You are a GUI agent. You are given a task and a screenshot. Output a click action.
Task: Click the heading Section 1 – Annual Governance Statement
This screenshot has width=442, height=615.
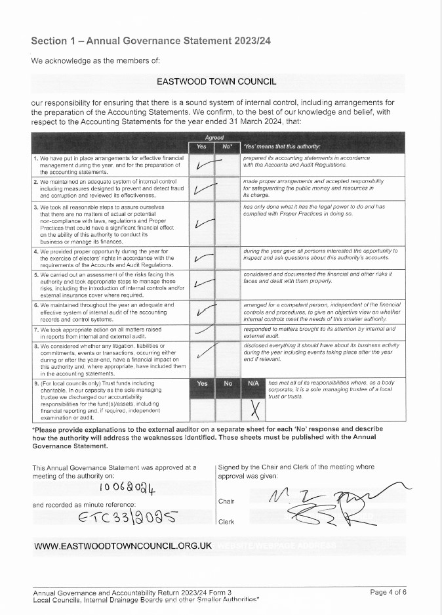(151, 41)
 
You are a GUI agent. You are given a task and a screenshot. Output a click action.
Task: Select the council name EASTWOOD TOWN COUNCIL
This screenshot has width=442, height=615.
(216, 82)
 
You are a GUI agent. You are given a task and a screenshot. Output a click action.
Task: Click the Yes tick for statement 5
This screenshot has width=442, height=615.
(205, 284)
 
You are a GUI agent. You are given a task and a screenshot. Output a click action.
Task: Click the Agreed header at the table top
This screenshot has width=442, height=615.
(214, 138)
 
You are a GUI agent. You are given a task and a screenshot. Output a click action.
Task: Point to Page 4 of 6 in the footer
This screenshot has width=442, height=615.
(388, 592)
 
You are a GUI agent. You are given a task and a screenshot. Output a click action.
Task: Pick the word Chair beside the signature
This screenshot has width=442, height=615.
(226, 501)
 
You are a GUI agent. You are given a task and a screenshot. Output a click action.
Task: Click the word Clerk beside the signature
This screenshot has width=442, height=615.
(226, 522)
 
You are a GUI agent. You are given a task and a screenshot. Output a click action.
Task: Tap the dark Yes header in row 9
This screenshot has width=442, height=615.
(202, 383)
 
